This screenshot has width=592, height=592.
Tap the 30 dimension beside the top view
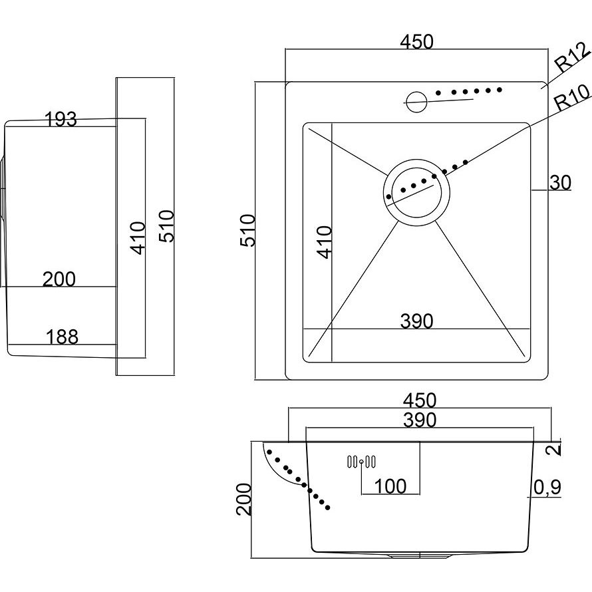pos(560,183)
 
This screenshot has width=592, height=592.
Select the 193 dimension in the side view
pos(61,119)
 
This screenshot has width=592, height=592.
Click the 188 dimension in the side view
pos(62,337)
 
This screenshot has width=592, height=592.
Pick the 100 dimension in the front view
pos(390,486)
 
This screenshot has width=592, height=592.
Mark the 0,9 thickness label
pos(547,488)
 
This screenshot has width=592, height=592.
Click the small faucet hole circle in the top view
pos(416,102)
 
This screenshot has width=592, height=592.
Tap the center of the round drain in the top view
pos(416,192)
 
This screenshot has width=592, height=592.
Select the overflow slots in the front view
pos(361,462)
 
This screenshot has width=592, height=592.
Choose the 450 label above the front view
pos(420,400)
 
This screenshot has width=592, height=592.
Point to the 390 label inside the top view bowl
pos(416,321)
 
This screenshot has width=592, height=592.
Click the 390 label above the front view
pos(420,420)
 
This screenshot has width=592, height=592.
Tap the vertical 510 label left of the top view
pos(248,230)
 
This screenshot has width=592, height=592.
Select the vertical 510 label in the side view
pos(166,226)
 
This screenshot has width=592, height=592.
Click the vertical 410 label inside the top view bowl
pos(324,242)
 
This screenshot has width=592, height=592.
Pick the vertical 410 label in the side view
pos(138,238)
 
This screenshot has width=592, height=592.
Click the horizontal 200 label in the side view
pos(59,279)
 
